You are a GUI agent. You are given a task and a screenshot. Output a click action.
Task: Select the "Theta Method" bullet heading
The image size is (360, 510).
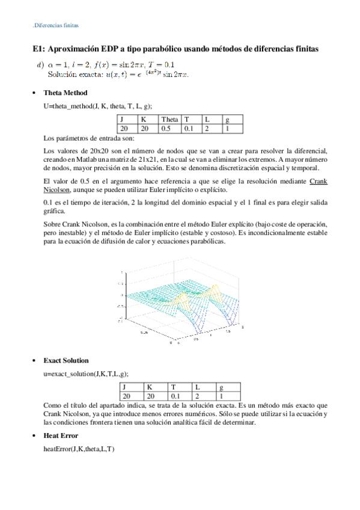pos(66,93)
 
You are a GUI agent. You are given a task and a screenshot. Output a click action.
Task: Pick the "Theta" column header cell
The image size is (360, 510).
pos(170,120)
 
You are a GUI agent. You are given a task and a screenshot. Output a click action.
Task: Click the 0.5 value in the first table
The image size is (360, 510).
pos(166,128)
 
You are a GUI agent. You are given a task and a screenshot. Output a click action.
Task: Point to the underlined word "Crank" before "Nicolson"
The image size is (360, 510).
pos(319,181)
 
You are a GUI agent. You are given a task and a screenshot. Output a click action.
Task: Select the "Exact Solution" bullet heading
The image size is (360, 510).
pos(66,360)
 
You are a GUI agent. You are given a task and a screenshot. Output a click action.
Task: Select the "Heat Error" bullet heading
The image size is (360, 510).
pos(61,435)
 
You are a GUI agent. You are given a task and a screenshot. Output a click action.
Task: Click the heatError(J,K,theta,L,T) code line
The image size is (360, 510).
pos(79,449)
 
